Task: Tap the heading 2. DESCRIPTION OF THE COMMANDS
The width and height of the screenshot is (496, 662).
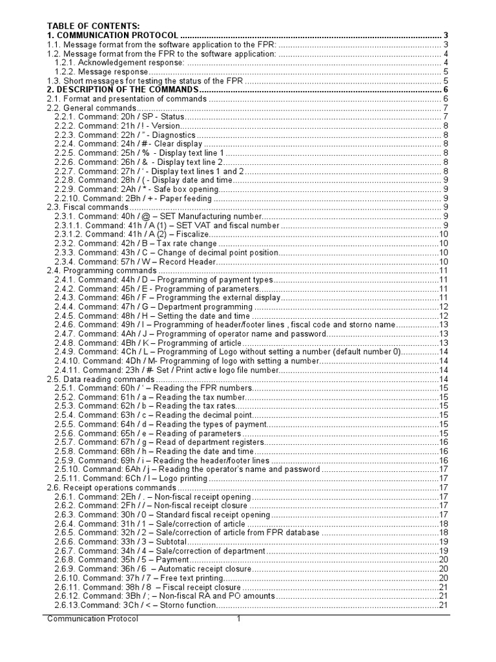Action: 123,89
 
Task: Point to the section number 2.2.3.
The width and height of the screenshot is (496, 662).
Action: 65,134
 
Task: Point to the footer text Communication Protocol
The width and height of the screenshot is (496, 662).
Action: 93,619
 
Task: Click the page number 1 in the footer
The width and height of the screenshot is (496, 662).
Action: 238,619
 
